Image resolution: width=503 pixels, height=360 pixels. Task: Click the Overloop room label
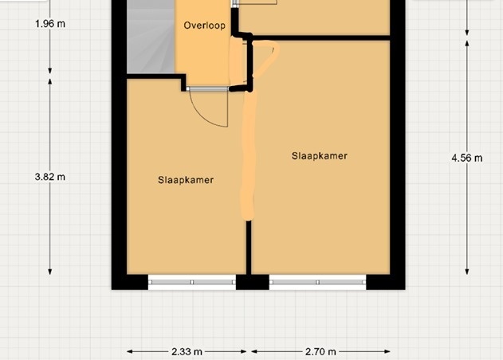pyautogui.click(x=204, y=25)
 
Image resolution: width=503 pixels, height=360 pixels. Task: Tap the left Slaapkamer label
pyautogui.click(x=186, y=180)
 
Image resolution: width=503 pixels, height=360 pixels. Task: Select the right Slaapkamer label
pyautogui.click(x=320, y=156)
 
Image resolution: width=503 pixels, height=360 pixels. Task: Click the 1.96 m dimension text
pyautogui.click(x=50, y=24)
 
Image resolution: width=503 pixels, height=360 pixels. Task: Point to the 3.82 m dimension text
pyautogui.click(x=50, y=177)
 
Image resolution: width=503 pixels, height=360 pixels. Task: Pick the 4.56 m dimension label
pyautogui.click(x=467, y=158)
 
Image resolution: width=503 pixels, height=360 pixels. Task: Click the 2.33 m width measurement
pyautogui.click(x=187, y=352)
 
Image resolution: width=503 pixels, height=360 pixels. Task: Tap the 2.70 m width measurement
pyautogui.click(x=320, y=352)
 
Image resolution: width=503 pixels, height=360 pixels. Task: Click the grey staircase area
pyautogui.click(x=151, y=37)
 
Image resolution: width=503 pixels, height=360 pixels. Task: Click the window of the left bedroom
pyautogui.click(x=192, y=282)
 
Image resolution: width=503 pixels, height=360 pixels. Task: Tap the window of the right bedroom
pyautogui.click(x=317, y=282)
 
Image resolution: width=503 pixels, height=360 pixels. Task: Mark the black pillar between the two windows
pyautogui.click(x=253, y=282)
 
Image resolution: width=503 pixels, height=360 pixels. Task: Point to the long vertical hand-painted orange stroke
pyautogui.click(x=248, y=154)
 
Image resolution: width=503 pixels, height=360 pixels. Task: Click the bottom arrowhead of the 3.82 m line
pyautogui.click(x=50, y=272)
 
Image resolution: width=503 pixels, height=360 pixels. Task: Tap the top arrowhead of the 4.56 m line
pyautogui.click(x=467, y=44)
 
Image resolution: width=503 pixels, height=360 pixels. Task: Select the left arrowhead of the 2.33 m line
pyautogui.click(x=130, y=352)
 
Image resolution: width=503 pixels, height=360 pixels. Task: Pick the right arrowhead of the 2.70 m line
pyautogui.click(x=387, y=352)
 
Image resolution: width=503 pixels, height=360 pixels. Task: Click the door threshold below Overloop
pyautogui.click(x=207, y=88)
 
